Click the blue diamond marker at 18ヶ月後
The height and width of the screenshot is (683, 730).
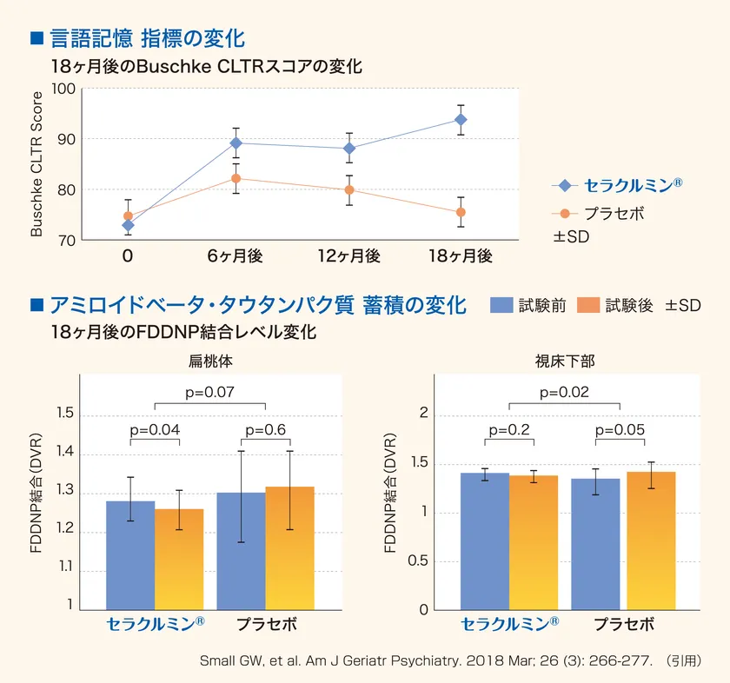461,120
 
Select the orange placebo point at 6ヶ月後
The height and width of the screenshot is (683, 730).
236,178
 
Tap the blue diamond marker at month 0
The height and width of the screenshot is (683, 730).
129,225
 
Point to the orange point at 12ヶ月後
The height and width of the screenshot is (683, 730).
349,189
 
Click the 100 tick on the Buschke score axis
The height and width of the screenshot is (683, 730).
64,89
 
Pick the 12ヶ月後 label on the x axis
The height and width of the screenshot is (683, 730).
349,255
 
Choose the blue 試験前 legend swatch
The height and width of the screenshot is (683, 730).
502,305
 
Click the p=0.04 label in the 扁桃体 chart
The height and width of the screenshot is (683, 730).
155,430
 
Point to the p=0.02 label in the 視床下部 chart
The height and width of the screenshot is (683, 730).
564,392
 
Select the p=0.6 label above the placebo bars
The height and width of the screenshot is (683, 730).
266,430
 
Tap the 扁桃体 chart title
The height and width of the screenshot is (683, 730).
210,360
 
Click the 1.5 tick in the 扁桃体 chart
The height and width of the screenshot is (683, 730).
65,414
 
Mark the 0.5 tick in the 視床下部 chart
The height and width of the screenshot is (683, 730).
418,560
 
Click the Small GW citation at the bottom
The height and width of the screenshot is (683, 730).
448,660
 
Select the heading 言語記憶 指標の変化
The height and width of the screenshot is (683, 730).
147,38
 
